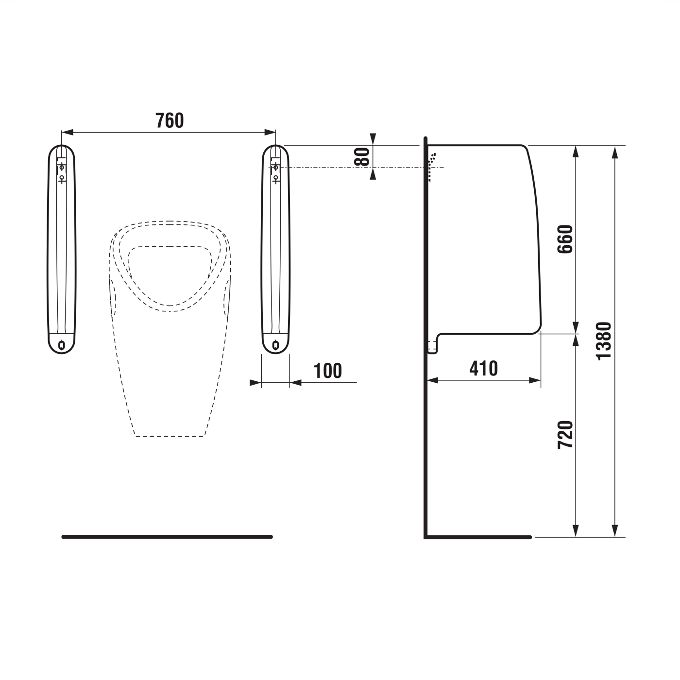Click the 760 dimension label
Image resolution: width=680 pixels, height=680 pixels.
point(170,120)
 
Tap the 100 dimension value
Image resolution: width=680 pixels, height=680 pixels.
point(328,371)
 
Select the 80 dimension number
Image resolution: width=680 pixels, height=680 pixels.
point(362,156)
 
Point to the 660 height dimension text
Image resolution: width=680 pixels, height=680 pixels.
point(565,239)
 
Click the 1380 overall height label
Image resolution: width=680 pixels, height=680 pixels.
point(604,341)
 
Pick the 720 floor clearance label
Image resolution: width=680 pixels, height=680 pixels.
point(565,435)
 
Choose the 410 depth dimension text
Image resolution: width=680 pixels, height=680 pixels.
point(483,369)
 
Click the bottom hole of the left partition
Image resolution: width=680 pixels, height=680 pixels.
point(62,345)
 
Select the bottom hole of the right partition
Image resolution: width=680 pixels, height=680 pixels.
point(275,345)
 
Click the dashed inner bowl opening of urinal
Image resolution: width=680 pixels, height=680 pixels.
point(170,272)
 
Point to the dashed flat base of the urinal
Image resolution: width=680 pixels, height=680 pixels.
point(170,436)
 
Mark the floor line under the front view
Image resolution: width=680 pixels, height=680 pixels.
point(167,537)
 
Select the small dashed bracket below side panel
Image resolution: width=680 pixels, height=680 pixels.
point(432,347)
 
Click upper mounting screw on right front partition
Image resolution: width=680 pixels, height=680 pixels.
point(275,168)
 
